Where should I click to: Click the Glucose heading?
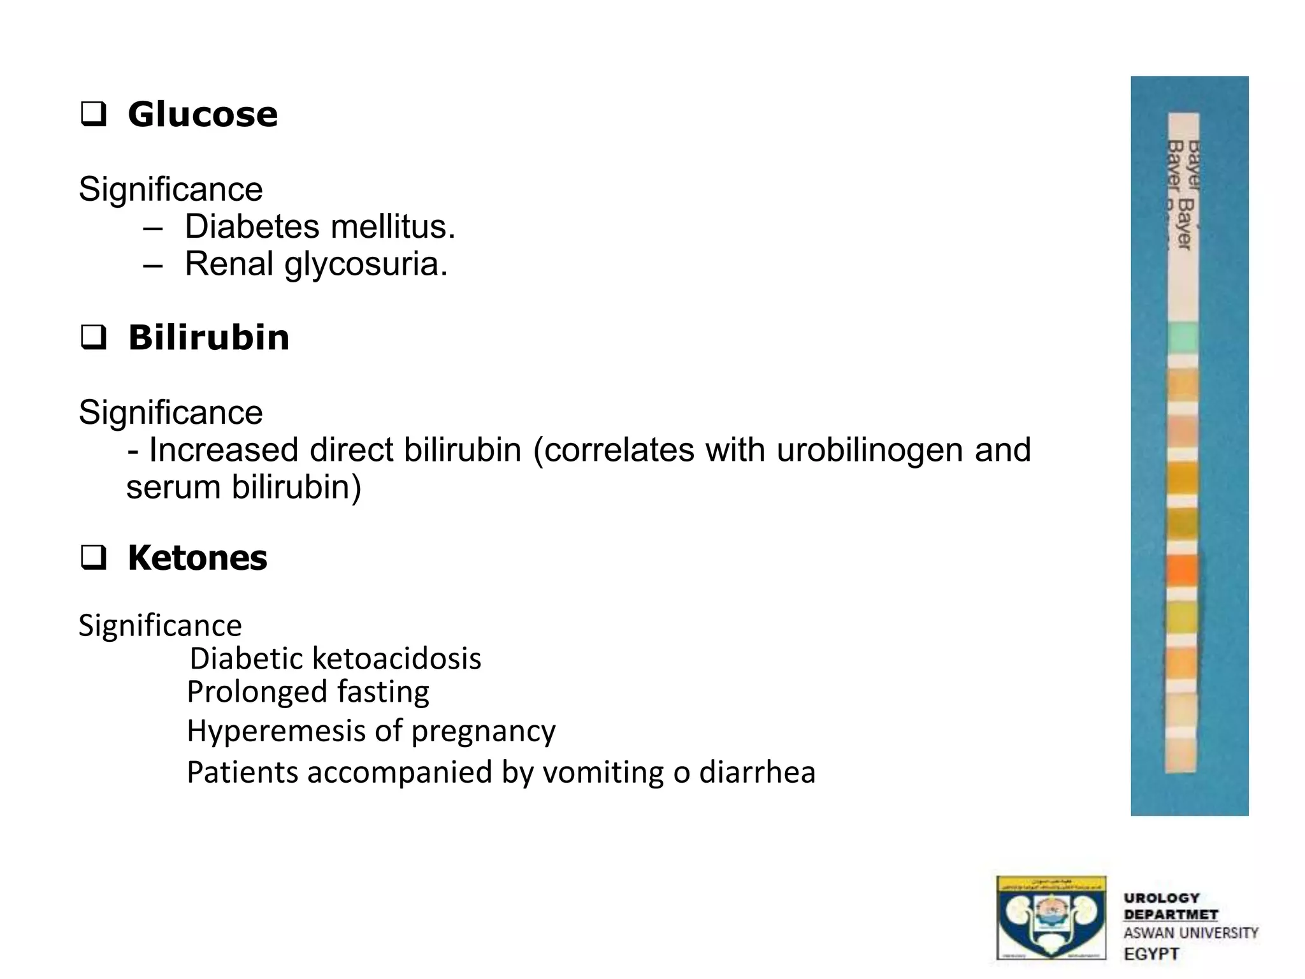[x=203, y=115]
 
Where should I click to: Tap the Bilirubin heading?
[x=208, y=337]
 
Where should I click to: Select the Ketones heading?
[x=198, y=558]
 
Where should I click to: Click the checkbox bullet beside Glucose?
[x=93, y=115]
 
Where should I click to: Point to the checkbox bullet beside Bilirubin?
[x=93, y=337]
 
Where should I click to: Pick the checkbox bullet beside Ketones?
[x=93, y=558]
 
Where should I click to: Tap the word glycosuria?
[x=366, y=265]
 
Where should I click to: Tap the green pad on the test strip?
[x=1183, y=338]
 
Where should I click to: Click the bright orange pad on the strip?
[x=1182, y=570]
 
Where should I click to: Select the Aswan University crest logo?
[x=1051, y=918]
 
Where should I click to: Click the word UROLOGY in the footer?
[x=1162, y=898]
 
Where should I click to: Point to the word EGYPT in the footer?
[x=1151, y=954]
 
